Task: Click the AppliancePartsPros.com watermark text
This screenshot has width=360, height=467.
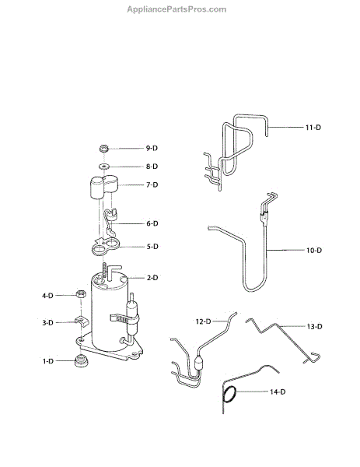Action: point(177,9)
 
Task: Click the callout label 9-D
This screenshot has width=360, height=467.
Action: point(152,148)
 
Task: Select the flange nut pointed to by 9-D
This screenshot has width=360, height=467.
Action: point(103,148)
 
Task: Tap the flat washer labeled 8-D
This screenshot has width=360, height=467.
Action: point(103,166)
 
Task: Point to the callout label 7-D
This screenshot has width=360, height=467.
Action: point(152,184)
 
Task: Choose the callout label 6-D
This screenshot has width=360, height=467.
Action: point(152,223)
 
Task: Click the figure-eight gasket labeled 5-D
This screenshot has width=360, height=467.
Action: point(105,247)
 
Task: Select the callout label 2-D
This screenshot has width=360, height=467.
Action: point(152,278)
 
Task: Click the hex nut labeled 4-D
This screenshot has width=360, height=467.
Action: point(81,294)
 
